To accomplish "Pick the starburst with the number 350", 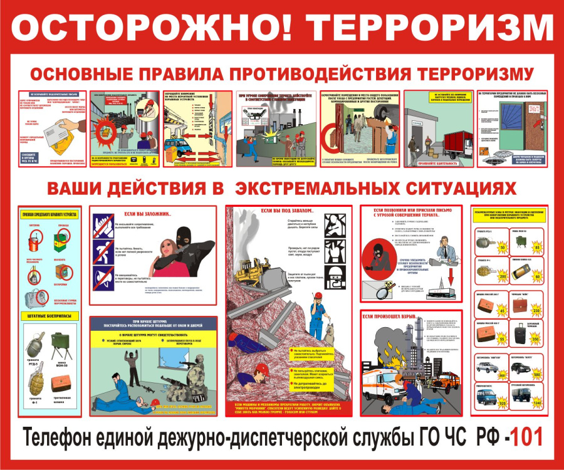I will (536, 339).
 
